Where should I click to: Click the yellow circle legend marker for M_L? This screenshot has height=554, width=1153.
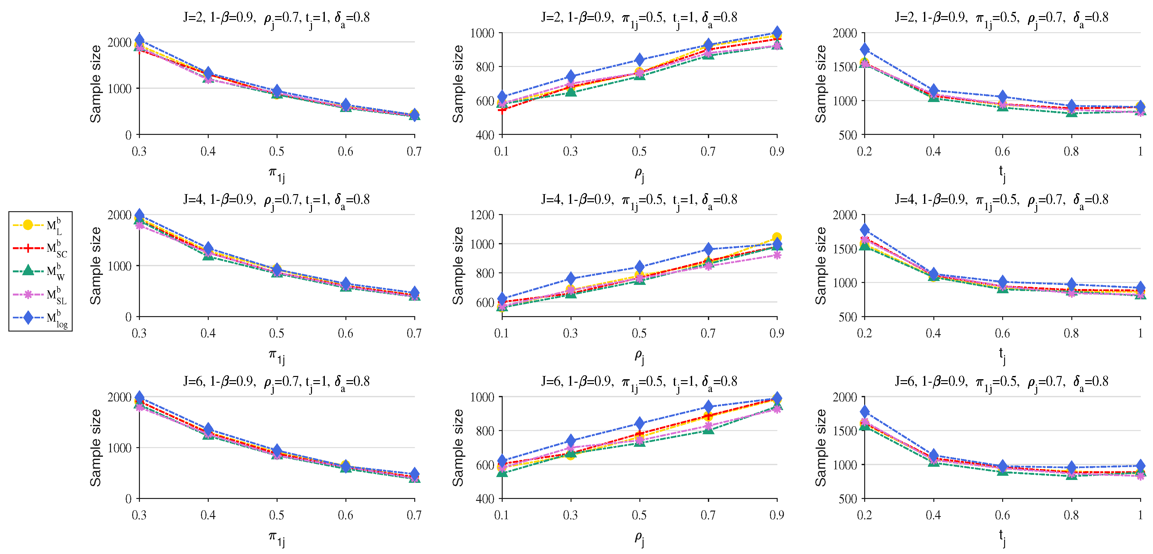click(28, 225)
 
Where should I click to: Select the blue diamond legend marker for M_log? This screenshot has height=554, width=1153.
click(28, 317)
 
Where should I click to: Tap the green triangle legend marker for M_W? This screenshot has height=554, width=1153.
click(28, 270)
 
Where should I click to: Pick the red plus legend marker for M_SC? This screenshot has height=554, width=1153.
click(28, 248)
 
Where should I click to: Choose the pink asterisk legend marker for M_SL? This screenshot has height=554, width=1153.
click(28, 294)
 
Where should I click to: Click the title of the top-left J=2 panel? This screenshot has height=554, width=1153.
click(276, 18)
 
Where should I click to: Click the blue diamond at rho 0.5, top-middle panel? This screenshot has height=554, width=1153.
click(639, 60)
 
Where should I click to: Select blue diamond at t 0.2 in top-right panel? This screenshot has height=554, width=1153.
click(865, 49)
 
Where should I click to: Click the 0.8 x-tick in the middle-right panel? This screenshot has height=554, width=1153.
click(1071, 333)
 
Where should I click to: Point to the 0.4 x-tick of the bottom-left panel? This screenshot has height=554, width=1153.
click(208, 515)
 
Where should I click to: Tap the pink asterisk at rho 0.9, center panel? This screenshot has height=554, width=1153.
click(777, 255)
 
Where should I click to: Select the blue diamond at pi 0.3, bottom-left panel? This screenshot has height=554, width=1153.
click(139, 397)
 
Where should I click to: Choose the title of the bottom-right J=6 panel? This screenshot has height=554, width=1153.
click(1002, 381)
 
